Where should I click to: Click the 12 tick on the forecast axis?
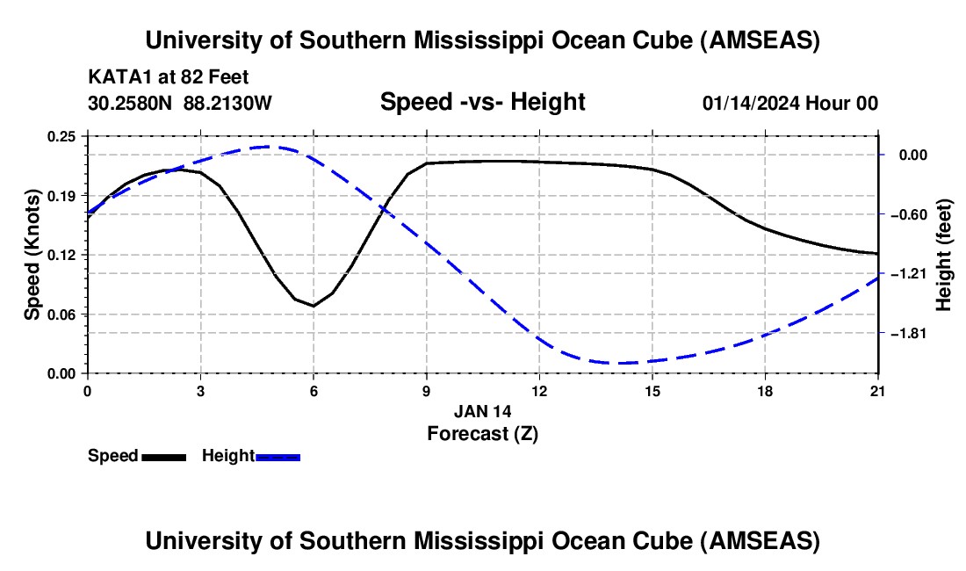[539, 390]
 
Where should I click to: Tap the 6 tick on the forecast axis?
[314, 390]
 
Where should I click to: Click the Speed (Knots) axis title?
[32, 255]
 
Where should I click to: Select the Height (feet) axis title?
[944, 255]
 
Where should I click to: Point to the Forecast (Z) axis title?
[482, 433]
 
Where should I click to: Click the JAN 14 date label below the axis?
[482, 411]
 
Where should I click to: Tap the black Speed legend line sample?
[163, 456]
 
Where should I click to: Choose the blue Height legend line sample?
[278, 456]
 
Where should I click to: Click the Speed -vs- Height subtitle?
[482, 103]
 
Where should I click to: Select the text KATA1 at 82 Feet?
[174, 77]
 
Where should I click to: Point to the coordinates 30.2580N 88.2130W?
[180, 103]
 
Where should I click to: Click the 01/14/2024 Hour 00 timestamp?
[789, 103]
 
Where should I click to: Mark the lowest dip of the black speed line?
[314, 306]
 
